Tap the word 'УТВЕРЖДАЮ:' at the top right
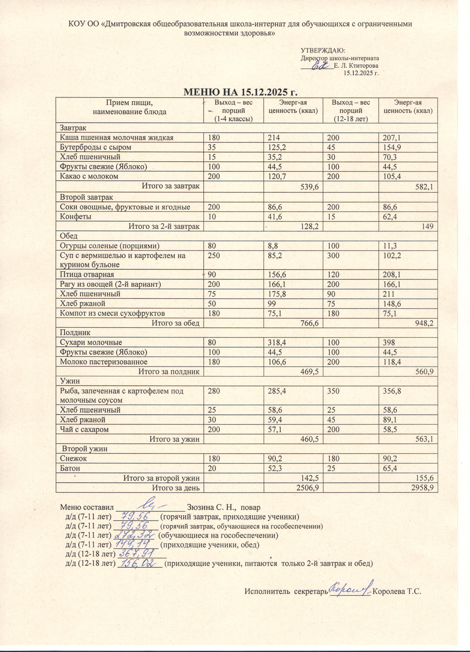point(323,51)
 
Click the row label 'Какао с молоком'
point(89,176)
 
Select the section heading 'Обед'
point(69,236)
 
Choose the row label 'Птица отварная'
point(87,274)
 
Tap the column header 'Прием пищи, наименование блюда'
point(129,107)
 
